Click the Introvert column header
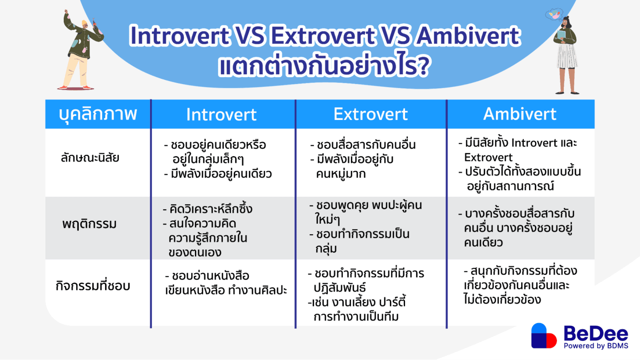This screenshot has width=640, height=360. point(221,115)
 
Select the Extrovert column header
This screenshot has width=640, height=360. point(370,114)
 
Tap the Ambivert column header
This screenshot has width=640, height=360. point(520,114)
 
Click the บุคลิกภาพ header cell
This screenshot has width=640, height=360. point(98,114)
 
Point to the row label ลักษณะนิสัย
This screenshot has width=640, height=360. point(90,158)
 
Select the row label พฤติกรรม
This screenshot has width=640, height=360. point(90,224)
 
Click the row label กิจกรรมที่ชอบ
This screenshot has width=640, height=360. point(93,286)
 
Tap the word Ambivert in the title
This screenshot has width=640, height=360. point(469,35)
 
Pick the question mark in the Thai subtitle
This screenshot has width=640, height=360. point(422,67)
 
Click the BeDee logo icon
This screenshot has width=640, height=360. point(543,336)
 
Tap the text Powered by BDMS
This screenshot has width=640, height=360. point(596,346)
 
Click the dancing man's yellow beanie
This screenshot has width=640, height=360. point(85,23)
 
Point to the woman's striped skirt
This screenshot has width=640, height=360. point(567,56)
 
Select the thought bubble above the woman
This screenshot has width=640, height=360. point(554,15)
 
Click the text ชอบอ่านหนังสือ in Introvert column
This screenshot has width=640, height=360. point(210,276)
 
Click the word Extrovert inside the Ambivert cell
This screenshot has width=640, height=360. point(488,157)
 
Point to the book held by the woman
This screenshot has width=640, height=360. point(561,35)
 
